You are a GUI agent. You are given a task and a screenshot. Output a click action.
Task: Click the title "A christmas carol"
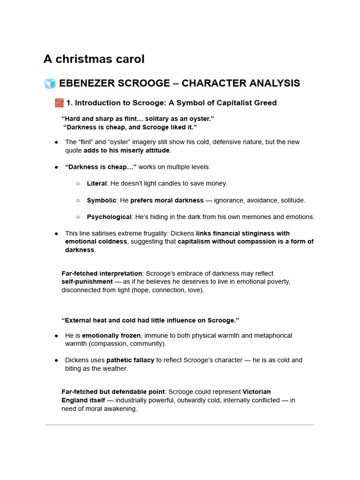tap(94, 59)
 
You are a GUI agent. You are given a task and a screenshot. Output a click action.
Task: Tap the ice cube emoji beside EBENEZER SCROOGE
tap(50, 84)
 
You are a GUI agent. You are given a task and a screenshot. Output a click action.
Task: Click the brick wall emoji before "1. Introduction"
tap(59, 103)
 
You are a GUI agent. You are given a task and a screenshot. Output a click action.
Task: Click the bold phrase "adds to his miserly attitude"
tap(127, 150)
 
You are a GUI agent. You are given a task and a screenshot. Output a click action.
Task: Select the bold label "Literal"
tap(97, 183)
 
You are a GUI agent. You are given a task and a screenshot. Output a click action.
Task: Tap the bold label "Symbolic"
tap(101, 200)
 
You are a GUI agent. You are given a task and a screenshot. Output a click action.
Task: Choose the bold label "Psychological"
tap(109, 217)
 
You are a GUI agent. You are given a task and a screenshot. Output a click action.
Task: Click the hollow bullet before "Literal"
tap(78, 184)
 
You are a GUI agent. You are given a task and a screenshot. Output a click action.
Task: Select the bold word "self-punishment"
tap(87, 282)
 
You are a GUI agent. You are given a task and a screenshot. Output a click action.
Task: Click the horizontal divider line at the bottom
tap(180, 425)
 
